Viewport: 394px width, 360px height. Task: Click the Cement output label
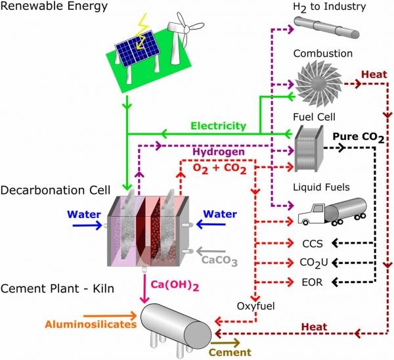(230, 351)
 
